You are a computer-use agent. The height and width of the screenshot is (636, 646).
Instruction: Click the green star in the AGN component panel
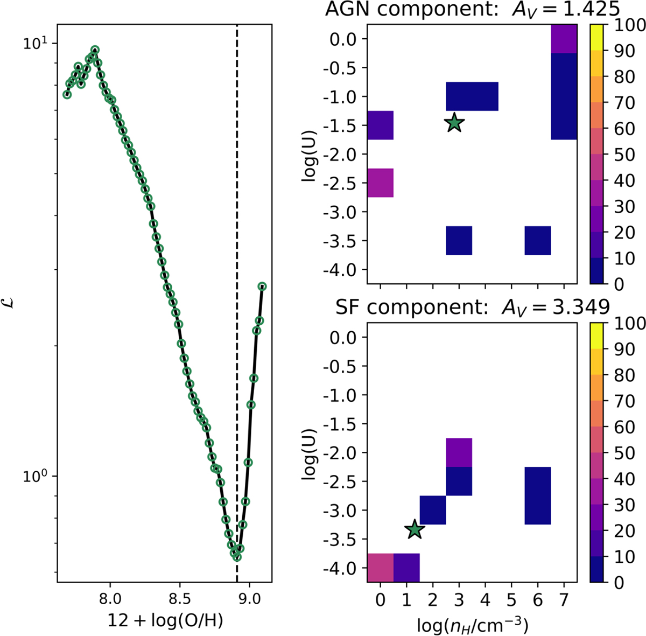tap(454, 123)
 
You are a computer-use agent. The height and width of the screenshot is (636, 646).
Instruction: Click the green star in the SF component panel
tap(414, 529)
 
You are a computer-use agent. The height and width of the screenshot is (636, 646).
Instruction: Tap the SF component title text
tap(472, 307)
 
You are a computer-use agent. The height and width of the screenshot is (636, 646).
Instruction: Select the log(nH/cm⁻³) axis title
tap(472, 625)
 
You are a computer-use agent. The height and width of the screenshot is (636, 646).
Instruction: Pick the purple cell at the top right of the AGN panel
tap(564, 39)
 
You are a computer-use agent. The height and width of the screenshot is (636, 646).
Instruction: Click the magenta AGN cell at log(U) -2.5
tap(380, 183)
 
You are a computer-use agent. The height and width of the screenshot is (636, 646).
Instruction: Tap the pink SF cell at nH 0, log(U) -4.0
tap(380, 568)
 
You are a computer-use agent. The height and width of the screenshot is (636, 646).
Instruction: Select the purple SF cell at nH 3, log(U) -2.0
tap(459, 452)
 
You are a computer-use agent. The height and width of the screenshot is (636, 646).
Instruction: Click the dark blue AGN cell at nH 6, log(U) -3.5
tap(538, 241)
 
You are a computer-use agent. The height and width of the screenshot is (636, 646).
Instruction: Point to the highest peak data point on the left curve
tap(95, 50)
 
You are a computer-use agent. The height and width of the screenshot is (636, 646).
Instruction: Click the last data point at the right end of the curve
tap(262, 286)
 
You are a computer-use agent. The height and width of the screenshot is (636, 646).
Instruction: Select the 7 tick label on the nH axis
tap(564, 598)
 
